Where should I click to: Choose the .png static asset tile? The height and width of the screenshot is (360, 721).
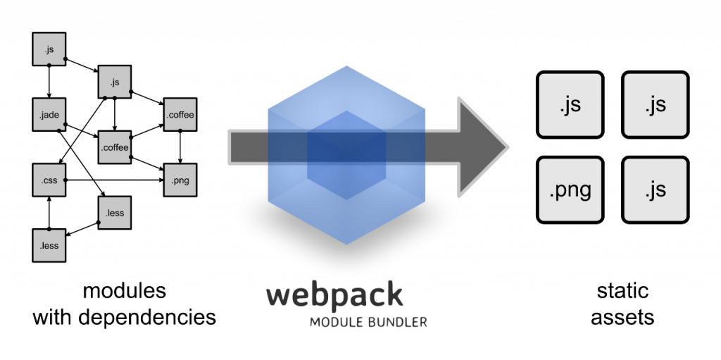(x=570, y=190)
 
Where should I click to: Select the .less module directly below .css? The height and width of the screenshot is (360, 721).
(x=49, y=245)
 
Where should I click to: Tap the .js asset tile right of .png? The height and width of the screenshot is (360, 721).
(x=655, y=190)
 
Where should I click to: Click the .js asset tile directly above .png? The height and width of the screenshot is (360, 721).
(x=570, y=106)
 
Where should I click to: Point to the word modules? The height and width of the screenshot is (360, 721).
(x=124, y=291)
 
